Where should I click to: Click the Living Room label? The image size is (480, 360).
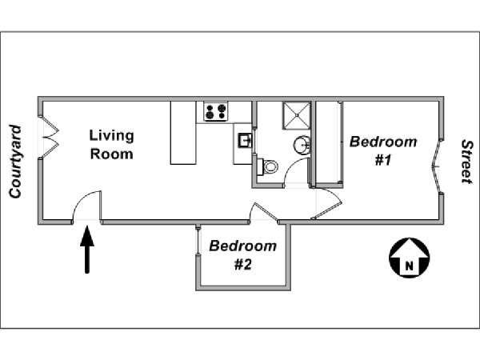point(111,145)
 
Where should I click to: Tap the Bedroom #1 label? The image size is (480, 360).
point(383,150)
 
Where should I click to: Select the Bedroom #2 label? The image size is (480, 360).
point(242,255)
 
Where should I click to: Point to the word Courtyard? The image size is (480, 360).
point(15,162)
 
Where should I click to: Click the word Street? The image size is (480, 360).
point(466,162)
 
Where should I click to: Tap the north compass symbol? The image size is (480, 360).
point(410,258)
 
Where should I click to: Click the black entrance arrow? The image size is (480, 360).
point(87,250)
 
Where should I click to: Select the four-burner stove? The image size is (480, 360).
point(216,111)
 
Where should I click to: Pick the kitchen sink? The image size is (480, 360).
point(246,141)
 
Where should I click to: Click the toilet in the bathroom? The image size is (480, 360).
point(267,167)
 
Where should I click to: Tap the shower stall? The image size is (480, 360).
point(296,115)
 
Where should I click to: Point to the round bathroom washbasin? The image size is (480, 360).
point(302,145)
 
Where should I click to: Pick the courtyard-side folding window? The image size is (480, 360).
point(49,137)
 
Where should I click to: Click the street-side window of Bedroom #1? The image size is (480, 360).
point(437,167)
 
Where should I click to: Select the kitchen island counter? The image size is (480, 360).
point(183,133)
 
